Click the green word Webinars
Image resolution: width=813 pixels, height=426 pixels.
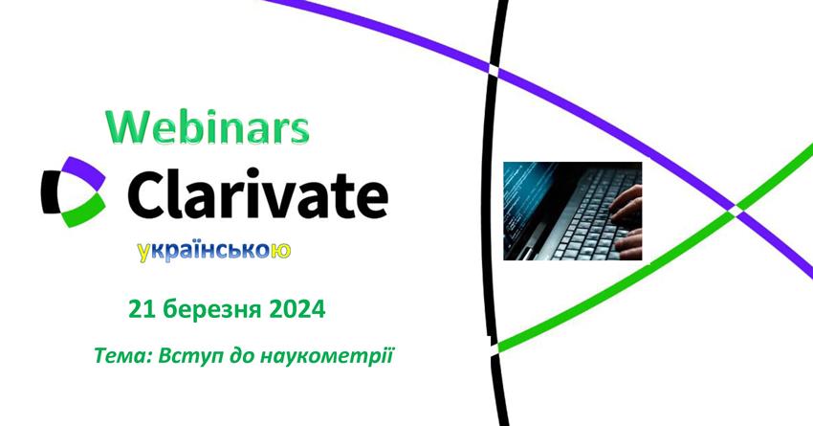coord(208,127)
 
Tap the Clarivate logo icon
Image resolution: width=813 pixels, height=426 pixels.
coord(74,192)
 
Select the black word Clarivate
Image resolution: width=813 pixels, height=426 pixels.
coord(257,193)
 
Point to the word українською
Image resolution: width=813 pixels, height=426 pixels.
coord(214,251)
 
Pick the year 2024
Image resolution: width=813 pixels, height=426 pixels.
coord(297,310)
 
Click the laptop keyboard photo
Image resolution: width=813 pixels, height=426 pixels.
coord(572,211)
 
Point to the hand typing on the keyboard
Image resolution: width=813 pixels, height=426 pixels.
coord(626,223)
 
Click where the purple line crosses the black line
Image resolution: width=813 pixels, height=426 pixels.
coord(493,70)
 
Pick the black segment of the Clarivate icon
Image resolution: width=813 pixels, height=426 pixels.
coord(49,192)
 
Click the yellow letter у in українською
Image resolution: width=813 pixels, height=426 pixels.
coord(143,253)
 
